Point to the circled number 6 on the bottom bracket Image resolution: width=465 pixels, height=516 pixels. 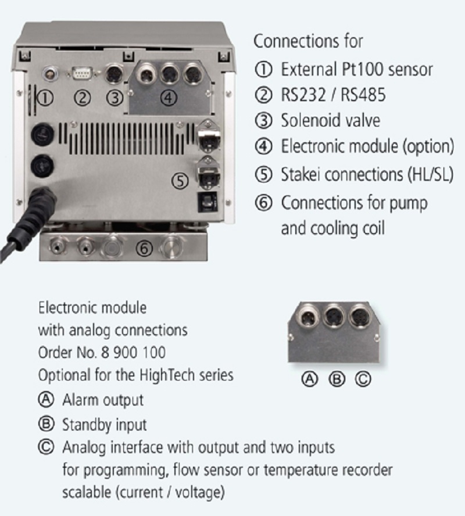coord(145,249)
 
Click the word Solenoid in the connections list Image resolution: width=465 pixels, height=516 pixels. coord(309,120)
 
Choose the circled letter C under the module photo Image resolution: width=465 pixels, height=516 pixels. coord(362,379)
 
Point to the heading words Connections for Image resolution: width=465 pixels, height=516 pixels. coord(308,41)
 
